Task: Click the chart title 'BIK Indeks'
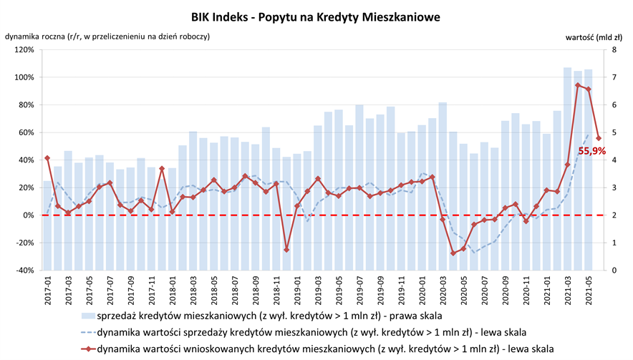pos(315,15)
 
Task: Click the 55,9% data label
pos(591,151)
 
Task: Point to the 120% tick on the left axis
pos(23,50)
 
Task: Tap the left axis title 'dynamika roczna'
pos(107,36)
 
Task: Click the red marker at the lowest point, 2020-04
pos(453,253)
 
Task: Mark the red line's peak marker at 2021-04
pos(578,85)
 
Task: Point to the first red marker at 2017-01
pos(47,158)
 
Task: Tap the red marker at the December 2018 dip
pos(286,250)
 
